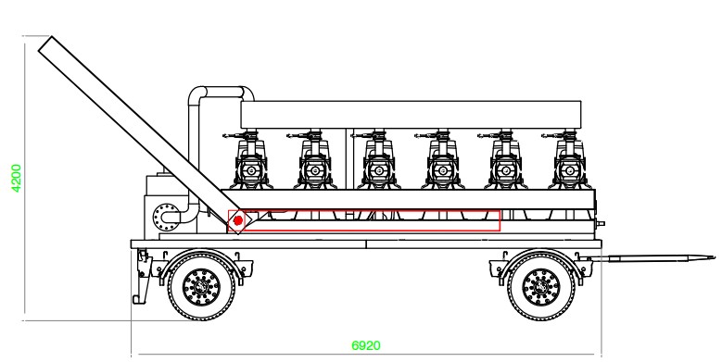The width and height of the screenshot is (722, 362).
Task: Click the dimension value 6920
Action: (x=364, y=344)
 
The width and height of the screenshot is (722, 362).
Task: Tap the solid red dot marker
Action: (x=238, y=220)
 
